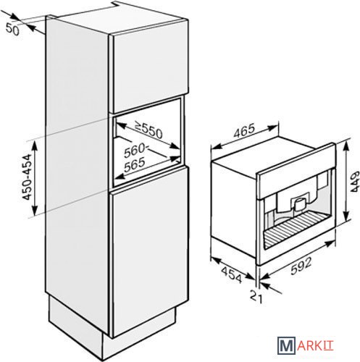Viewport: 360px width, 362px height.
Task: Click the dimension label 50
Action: click(12, 30)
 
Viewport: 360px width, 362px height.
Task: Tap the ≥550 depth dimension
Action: click(148, 130)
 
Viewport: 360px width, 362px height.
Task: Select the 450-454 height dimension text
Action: click(27, 177)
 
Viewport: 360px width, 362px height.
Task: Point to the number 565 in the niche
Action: click(135, 164)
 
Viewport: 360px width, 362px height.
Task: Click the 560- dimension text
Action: click(135, 151)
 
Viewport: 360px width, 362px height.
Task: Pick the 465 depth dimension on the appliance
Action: click(244, 132)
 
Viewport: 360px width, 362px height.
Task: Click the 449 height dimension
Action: click(354, 182)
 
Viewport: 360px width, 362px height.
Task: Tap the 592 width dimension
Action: click(301, 266)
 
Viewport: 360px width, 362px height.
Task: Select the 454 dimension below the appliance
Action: click(231, 274)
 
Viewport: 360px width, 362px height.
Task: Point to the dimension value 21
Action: click(256, 296)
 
